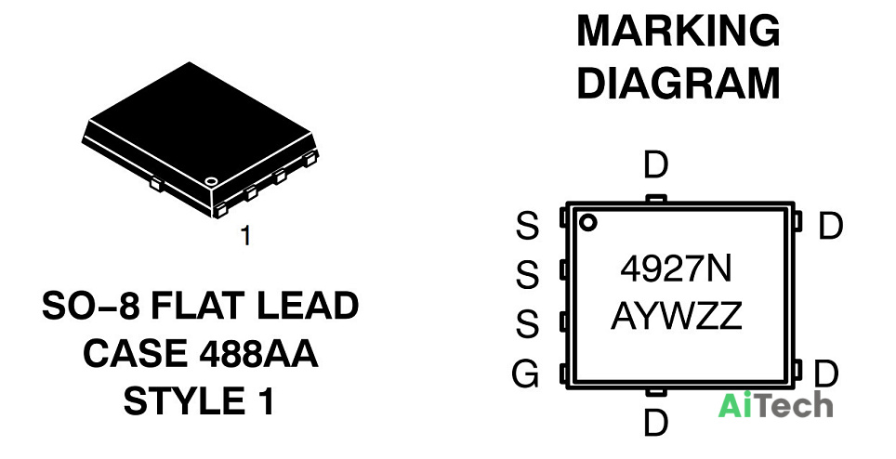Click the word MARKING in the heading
tap(679, 31)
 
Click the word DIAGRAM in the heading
tap(679, 84)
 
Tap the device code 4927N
tap(676, 269)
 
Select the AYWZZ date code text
tap(677, 316)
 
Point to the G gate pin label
tap(525, 374)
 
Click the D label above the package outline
tap(655, 165)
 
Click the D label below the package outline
tap(655, 424)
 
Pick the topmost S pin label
tap(527, 226)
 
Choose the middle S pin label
tap(527, 275)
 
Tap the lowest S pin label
tap(527, 323)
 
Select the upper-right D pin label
tap(830, 226)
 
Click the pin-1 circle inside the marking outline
tap(587, 223)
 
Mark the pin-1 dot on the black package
tap(211, 181)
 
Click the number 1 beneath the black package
tap(245, 235)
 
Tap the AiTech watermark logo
tap(775, 405)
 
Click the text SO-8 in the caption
tap(91, 306)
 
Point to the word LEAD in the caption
tap(308, 306)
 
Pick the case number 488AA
tap(258, 353)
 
